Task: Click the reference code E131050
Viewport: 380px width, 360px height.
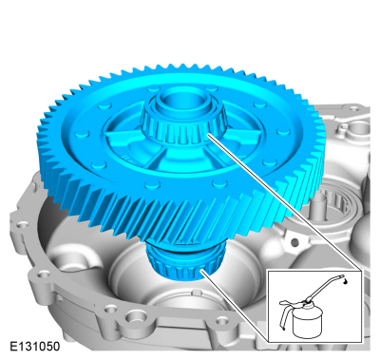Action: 35,347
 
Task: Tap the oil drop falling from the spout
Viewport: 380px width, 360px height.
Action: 345,281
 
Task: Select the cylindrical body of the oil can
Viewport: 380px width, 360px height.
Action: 307,321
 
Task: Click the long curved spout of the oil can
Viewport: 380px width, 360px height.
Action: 325,288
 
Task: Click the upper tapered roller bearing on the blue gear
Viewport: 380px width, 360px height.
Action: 182,126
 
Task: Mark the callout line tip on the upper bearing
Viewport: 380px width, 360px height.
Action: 208,135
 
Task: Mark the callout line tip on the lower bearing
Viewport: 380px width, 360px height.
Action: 201,270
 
